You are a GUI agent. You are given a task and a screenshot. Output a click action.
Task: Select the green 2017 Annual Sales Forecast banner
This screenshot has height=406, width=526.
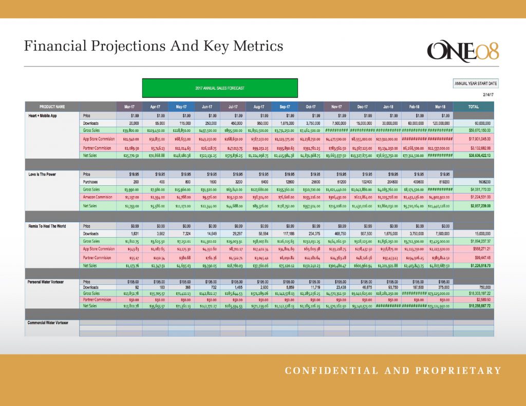coord(220,88)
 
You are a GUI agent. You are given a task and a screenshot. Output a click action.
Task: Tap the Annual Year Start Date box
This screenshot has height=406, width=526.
coord(476,83)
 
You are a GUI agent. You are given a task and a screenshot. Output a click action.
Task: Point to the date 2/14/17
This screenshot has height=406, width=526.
coord(491,94)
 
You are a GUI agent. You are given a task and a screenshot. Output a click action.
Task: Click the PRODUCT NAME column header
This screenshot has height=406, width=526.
coord(52,107)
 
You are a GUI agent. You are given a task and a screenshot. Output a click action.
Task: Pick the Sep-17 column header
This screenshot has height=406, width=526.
coord(285,107)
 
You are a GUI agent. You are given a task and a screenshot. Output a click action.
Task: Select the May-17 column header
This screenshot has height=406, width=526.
coord(181,107)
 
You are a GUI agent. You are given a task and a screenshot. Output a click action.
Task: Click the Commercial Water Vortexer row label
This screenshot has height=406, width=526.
coord(48,322)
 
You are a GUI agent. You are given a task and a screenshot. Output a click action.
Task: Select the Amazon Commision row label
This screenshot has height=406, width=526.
coord(99,197)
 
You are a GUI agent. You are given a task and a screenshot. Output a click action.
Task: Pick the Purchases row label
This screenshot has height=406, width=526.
coord(91,182)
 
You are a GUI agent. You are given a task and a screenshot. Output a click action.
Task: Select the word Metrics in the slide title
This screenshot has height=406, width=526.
coord(258,46)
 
